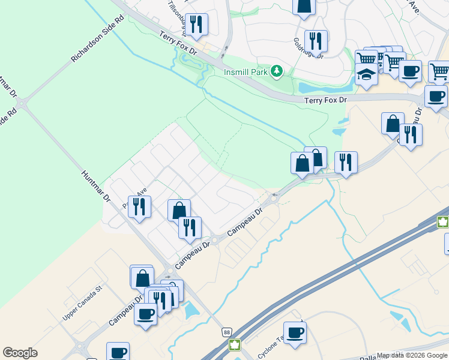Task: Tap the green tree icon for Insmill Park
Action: (277, 72)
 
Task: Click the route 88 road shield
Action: (226, 332)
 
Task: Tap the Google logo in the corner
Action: (20, 353)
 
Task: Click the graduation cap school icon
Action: (366, 75)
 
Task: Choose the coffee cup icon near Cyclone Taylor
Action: (295, 332)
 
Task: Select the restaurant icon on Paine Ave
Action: (139, 206)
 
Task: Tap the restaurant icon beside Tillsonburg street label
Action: (196, 24)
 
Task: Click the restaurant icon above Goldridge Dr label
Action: (316, 41)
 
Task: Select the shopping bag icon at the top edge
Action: (304, 5)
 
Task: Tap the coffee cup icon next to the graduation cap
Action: (410, 70)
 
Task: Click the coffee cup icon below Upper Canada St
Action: (146, 313)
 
